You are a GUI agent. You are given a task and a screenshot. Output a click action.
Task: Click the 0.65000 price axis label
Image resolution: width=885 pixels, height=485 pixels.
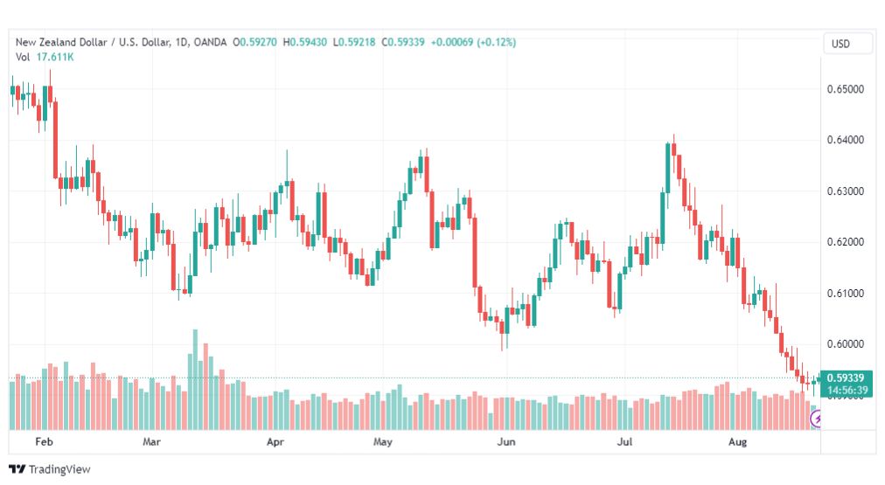(845, 89)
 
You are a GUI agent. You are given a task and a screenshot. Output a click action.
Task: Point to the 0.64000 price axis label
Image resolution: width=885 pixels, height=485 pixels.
(845, 140)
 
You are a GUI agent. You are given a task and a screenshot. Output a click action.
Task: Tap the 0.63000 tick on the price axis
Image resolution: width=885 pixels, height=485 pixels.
(845, 191)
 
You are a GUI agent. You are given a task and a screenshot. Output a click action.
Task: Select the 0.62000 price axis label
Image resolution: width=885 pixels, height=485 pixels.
(845, 242)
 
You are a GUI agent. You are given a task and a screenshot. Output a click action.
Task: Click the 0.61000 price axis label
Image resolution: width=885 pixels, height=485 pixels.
(845, 294)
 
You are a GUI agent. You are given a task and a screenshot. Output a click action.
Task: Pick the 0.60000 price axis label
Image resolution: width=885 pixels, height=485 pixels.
(845, 344)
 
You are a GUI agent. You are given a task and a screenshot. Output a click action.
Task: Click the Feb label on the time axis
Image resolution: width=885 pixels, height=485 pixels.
(44, 441)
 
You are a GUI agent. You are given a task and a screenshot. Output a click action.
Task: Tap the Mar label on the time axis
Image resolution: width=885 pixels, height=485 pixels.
(151, 441)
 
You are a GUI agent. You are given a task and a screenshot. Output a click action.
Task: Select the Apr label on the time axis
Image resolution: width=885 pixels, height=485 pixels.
(275, 441)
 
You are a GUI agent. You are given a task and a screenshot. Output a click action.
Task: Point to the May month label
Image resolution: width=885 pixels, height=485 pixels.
(383, 441)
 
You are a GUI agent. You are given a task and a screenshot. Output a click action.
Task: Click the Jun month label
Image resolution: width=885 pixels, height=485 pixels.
(506, 441)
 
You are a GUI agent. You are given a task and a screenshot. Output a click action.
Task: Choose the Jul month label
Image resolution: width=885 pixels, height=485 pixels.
(624, 441)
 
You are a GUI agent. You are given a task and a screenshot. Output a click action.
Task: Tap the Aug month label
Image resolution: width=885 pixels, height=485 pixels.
(737, 441)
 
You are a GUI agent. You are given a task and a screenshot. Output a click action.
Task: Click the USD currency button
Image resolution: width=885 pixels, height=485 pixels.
(840, 44)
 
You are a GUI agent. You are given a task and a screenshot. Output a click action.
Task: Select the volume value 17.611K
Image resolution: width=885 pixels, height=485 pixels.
(55, 57)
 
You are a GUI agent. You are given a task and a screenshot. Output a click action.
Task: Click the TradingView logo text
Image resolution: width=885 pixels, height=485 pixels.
(59, 469)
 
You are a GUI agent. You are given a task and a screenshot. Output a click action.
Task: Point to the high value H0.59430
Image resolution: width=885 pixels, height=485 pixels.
(305, 42)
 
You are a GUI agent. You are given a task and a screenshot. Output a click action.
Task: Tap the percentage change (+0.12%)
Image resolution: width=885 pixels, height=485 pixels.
(497, 42)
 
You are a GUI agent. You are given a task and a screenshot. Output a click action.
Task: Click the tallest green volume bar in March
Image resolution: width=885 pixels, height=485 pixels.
(195, 379)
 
